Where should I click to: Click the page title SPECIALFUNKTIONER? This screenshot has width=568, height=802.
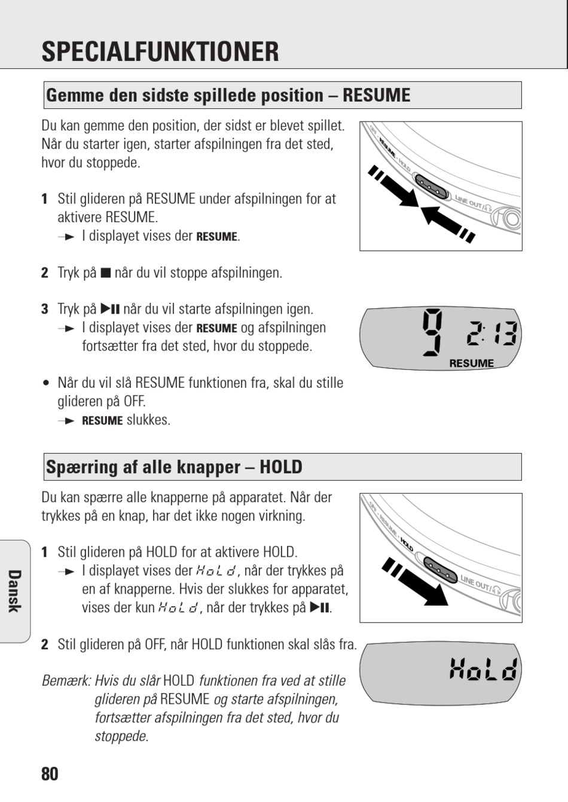click(160, 51)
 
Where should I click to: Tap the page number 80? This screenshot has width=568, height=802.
click(50, 774)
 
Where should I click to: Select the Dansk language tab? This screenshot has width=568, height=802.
click(15, 591)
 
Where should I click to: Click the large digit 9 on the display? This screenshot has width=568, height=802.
click(432, 333)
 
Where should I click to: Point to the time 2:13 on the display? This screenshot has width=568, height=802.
click(492, 333)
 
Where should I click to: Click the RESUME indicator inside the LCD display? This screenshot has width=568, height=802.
click(471, 363)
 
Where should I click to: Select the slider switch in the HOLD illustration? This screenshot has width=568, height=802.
click(440, 570)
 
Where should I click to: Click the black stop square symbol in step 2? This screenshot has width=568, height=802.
click(105, 274)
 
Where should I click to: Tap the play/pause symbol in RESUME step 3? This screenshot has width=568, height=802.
click(110, 309)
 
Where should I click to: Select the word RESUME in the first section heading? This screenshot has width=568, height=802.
click(376, 95)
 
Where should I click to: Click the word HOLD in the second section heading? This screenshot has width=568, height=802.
click(281, 467)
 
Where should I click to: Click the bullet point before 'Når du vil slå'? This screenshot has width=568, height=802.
click(45, 384)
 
